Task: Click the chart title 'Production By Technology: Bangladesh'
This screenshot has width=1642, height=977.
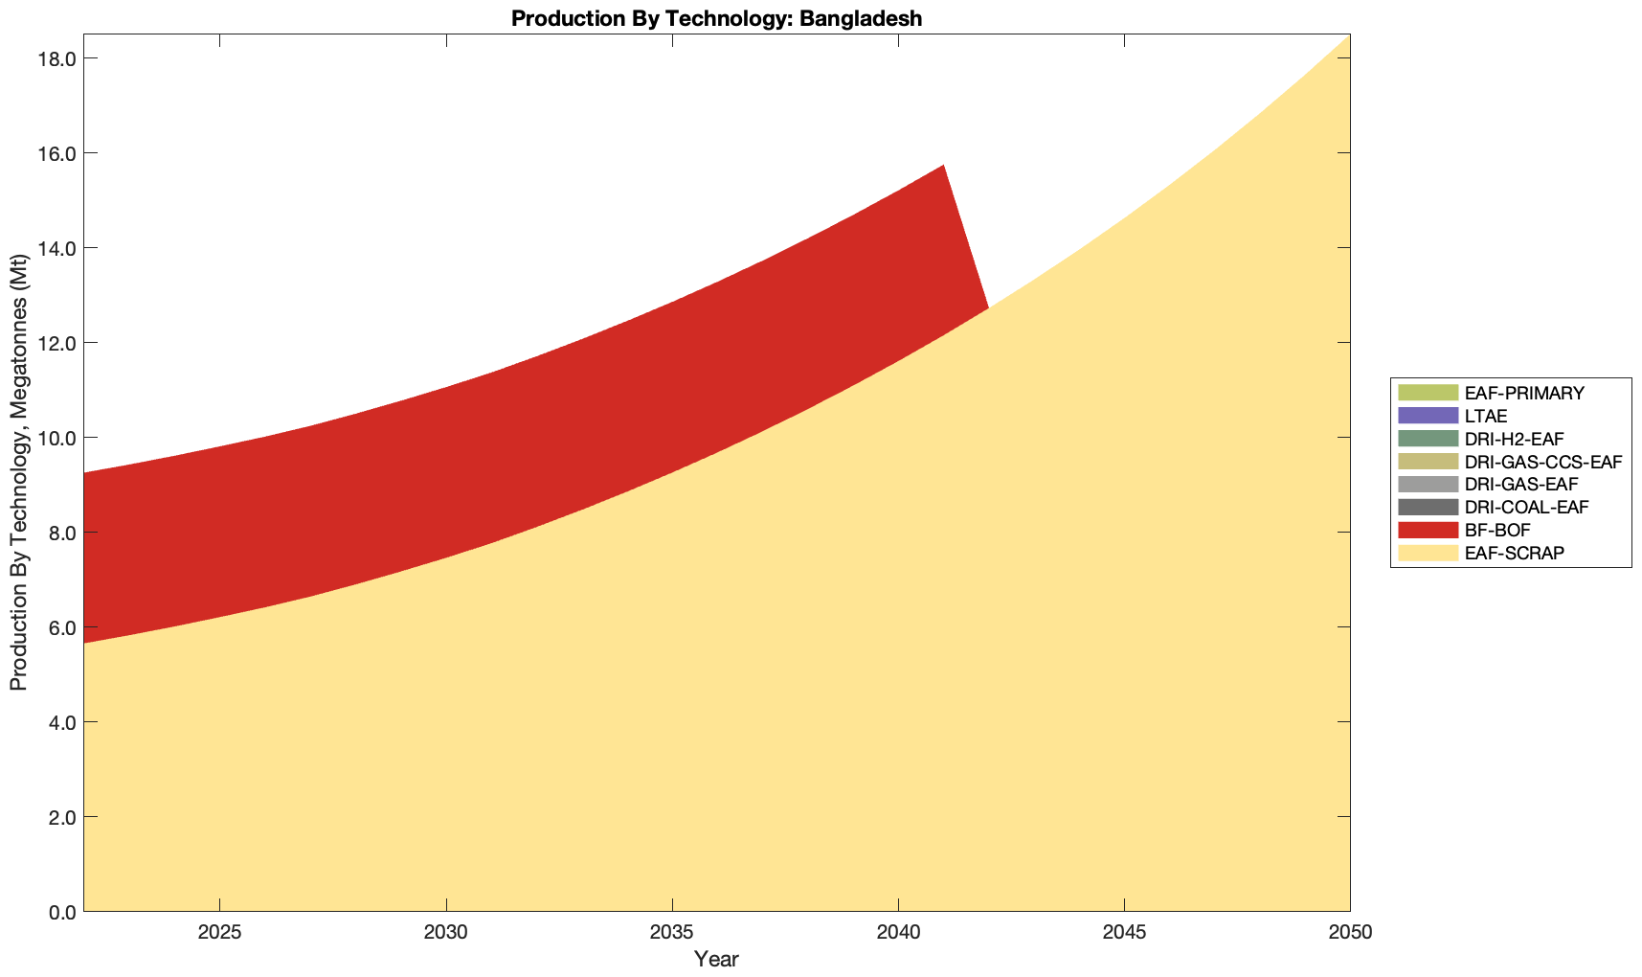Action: click(x=716, y=18)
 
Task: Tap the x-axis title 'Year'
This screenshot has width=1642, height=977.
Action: click(x=716, y=959)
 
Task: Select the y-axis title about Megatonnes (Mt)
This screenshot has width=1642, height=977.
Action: click(x=18, y=473)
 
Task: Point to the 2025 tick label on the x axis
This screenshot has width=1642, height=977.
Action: click(x=219, y=933)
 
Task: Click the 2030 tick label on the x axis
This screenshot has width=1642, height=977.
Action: click(x=445, y=933)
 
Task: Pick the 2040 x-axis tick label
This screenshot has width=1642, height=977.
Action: click(x=898, y=933)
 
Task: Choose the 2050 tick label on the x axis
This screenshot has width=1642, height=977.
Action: click(x=1350, y=933)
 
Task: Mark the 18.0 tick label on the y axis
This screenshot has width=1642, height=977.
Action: click(x=56, y=58)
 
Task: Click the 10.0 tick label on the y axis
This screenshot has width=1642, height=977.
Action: click(x=56, y=438)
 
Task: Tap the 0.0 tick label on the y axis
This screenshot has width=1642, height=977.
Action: click(x=61, y=912)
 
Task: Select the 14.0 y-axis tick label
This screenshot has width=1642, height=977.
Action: click(x=56, y=248)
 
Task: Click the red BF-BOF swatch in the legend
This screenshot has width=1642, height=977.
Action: click(x=1428, y=530)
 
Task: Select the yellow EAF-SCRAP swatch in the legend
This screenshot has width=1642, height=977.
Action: click(x=1428, y=553)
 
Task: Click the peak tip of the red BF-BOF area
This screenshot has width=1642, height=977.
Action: click(x=943, y=168)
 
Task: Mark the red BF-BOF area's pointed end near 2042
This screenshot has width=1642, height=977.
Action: click(x=986, y=307)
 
